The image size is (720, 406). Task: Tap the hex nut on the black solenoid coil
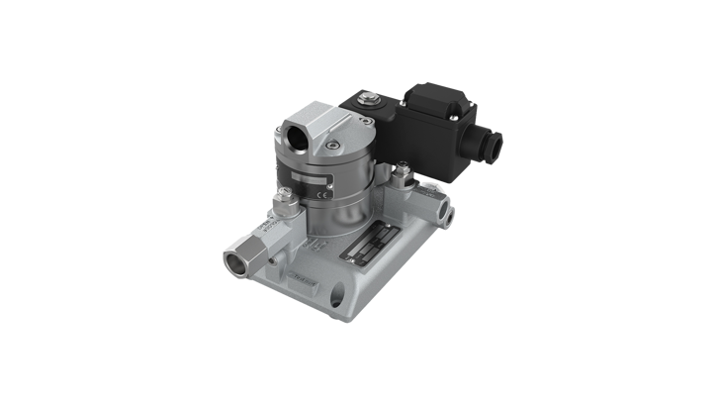[372, 99]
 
